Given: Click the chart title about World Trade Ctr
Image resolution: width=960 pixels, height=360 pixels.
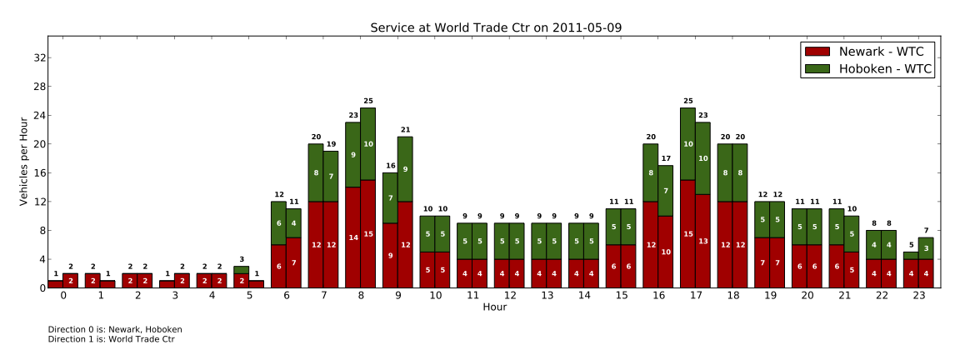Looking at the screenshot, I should tap(496, 27).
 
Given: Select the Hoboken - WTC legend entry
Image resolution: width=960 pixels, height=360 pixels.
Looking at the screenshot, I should tap(886, 70).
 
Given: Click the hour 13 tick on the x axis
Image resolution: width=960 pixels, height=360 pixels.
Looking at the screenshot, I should tap(547, 295).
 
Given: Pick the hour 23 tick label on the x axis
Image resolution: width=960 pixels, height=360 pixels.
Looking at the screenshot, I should tap(917, 295).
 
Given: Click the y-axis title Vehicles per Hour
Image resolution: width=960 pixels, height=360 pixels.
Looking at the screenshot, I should tap(24, 162).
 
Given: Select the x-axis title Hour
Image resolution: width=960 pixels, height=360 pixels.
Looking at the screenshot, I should tap(494, 307).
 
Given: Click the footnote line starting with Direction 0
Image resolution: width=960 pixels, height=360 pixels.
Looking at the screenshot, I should tap(115, 329).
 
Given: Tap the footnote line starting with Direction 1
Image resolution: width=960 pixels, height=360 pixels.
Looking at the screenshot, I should tap(111, 339).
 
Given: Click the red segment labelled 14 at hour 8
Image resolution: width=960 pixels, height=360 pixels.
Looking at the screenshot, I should tap(352, 237).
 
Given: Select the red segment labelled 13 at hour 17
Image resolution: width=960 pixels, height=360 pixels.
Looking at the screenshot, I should tap(702, 241).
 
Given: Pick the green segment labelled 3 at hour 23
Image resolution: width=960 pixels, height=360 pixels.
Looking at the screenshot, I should tap(925, 248).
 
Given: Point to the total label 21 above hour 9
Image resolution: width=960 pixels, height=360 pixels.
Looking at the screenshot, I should tap(405, 129).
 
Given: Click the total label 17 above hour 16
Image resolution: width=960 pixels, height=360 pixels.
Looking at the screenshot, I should tap(665, 158).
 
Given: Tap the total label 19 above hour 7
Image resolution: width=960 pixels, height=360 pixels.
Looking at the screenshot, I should tap(331, 144).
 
